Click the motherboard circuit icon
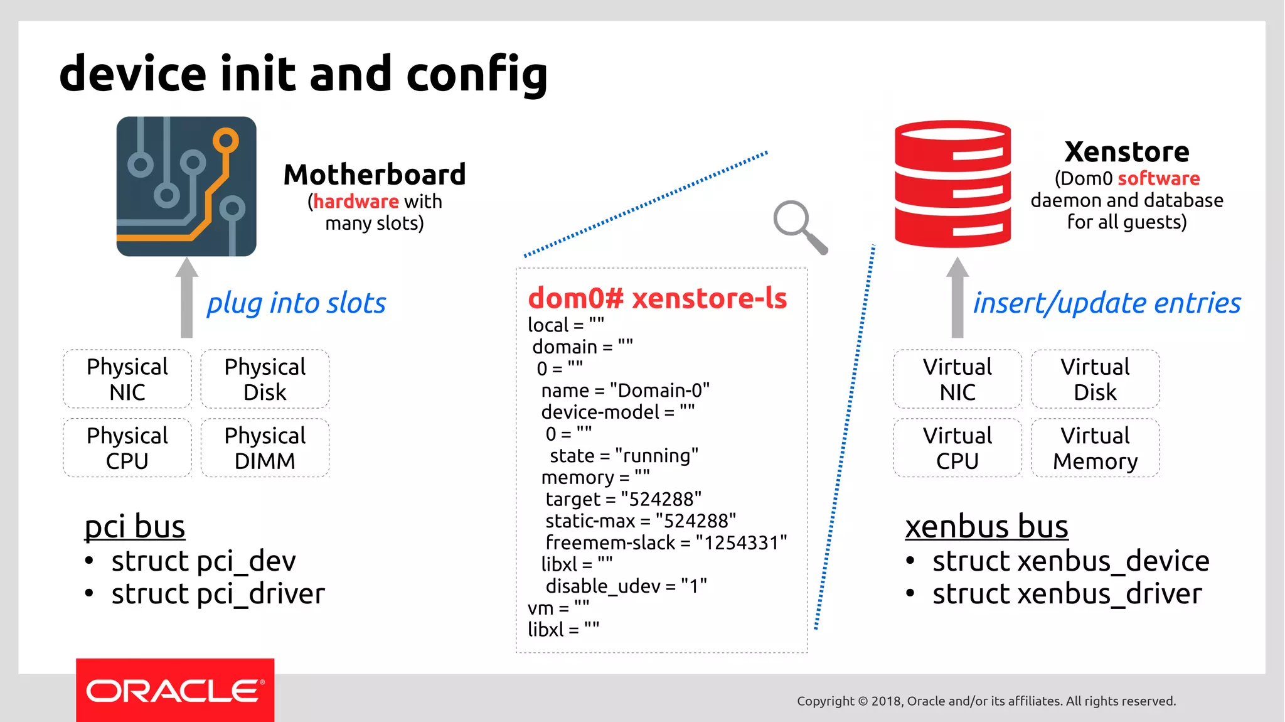tap(186, 186)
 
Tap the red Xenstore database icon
tap(952, 183)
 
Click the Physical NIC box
tap(127, 379)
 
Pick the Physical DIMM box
tap(265, 448)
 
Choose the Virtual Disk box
tap(1095, 379)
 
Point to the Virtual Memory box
tap(1095, 448)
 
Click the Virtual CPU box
tap(957, 448)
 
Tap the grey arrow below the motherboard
tap(186, 298)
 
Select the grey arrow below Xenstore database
tap(957, 298)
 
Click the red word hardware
tap(356, 202)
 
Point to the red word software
tap(1158, 178)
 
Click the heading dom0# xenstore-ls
tap(657, 298)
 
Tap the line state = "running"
tap(624, 456)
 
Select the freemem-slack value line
tap(666, 542)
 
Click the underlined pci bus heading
tap(135, 526)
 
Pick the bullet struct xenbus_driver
tap(1067, 594)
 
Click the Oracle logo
tap(175, 691)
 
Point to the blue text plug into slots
tap(296, 303)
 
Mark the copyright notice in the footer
tap(986, 701)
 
